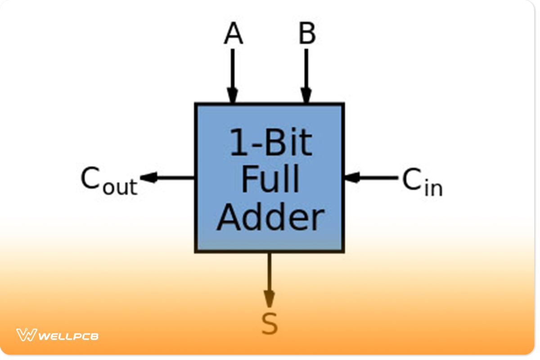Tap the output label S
click(x=270, y=324)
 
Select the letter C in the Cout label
click(x=90, y=179)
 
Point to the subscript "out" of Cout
click(x=119, y=187)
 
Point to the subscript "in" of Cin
click(x=433, y=188)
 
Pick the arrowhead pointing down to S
click(x=269, y=298)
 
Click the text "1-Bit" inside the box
click(x=270, y=143)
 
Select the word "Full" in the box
click(x=270, y=180)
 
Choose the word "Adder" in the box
click(x=270, y=217)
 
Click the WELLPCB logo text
click(x=68, y=336)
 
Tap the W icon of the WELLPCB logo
click(x=26, y=335)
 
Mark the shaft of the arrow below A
click(x=233, y=67)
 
